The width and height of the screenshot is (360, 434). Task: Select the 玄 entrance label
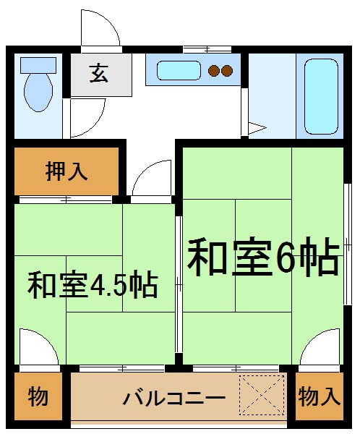click(100, 73)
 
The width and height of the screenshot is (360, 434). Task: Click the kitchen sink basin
click(179, 71)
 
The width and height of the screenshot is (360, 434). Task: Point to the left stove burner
click(215, 71)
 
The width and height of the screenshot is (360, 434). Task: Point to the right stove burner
click(227, 71)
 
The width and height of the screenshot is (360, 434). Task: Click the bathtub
click(321, 94)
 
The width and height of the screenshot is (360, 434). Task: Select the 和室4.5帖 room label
click(93, 285)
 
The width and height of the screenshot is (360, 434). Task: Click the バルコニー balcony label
click(173, 398)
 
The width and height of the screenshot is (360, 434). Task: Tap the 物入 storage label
click(318, 396)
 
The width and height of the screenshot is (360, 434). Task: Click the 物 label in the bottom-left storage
click(38, 396)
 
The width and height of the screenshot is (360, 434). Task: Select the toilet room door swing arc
click(85, 116)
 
